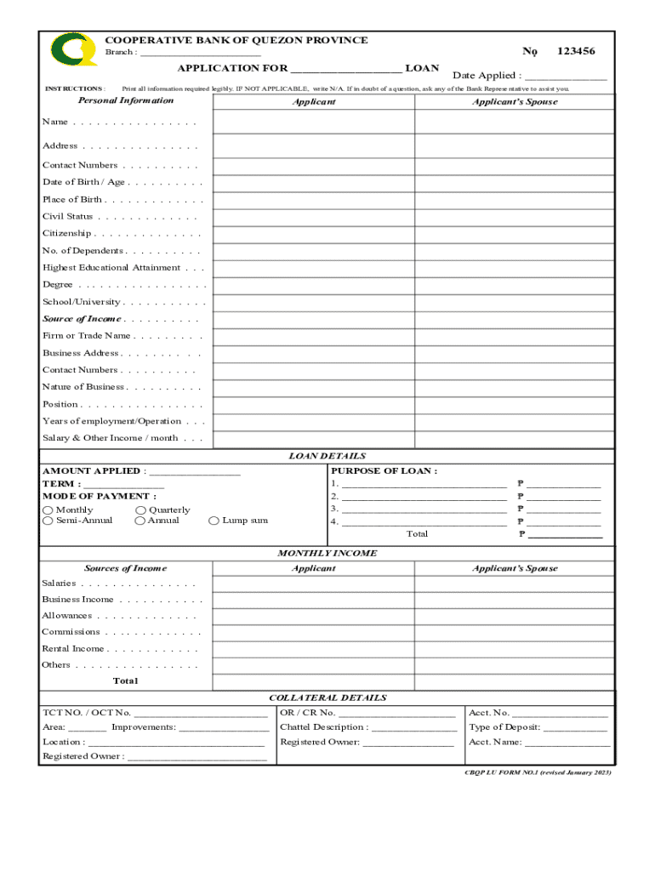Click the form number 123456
point(576,51)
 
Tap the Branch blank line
point(200,54)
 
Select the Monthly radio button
point(48,510)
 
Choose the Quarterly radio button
point(140,510)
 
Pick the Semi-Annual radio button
point(48,521)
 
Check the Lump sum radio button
point(214,521)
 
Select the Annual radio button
point(140,521)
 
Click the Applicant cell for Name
point(313,122)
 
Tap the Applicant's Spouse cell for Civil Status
point(514,217)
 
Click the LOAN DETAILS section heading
point(327,456)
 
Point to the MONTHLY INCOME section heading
point(327,553)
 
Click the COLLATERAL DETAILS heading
point(327,697)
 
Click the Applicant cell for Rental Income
point(313,649)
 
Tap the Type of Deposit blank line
point(575,729)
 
